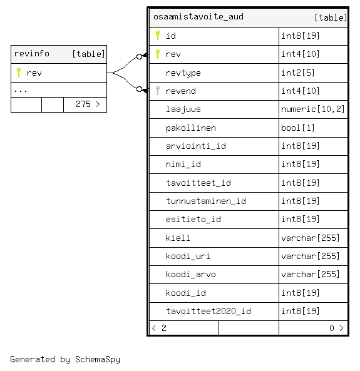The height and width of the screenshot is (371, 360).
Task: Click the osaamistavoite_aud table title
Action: (x=198, y=17)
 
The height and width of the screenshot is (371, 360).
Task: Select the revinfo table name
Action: (x=32, y=54)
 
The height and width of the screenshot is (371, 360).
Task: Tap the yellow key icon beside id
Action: (x=158, y=35)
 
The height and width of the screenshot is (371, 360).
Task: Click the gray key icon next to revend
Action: (x=158, y=90)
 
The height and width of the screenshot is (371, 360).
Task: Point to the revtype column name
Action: (x=183, y=73)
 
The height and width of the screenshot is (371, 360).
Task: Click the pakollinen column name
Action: (x=191, y=128)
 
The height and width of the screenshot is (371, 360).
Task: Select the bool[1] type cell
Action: (x=298, y=128)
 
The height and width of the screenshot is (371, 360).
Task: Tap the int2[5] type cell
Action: (x=298, y=73)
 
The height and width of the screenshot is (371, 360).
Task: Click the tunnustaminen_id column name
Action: (x=206, y=201)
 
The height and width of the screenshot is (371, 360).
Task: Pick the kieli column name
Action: (x=178, y=238)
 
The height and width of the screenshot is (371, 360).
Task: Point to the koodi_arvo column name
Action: (x=191, y=275)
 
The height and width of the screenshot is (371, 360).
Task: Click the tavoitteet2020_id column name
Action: (x=208, y=311)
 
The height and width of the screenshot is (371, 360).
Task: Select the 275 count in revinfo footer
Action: (x=83, y=104)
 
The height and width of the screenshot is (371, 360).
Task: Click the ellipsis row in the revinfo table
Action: (x=21, y=91)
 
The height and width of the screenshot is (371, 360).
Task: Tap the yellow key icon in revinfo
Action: (x=19, y=72)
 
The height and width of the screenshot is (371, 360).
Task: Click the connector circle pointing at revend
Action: (x=139, y=89)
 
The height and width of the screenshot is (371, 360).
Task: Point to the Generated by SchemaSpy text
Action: (x=65, y=359)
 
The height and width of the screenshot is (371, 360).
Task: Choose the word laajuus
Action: (x=183, y=109)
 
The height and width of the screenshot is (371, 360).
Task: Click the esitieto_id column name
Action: (x=193, y=220)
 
